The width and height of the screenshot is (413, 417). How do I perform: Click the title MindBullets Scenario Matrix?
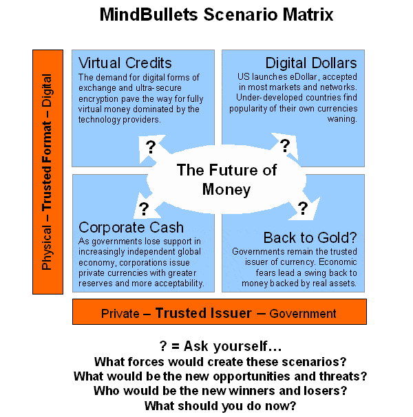click(x=216, y=14)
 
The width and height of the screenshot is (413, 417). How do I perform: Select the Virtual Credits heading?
click(x=125, y=63)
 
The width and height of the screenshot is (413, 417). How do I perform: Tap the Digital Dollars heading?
click(x=311, y=63)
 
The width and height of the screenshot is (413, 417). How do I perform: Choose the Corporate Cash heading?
click(x=131, y=228)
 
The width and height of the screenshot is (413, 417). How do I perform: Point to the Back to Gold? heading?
click(x=310, y=237)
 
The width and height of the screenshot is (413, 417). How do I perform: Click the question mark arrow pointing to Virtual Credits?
click(x=151, y=148)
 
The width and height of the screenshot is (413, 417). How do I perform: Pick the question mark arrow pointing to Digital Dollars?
click(x=285, y=146)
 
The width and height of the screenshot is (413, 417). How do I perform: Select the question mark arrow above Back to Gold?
click(x=304, y=207)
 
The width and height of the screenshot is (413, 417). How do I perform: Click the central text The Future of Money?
click(x=226, y=180)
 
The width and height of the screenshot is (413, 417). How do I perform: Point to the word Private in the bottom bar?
click(x=120, y=314)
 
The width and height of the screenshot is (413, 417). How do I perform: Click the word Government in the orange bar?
click(x=303, y=314)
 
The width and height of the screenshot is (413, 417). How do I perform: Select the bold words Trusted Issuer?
click(x=203, y=312)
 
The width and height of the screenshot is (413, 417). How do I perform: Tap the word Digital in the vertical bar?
click(x=47, y=90)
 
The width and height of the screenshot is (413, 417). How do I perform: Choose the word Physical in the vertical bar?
click(x=47, y=248)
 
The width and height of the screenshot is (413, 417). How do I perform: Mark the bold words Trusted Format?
click(x=47, y=166)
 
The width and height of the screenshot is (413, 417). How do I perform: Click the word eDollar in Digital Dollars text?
click(x=304, y=77)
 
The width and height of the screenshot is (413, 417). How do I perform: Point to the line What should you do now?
click(x=220, y=406)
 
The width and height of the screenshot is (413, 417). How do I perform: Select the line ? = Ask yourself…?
click(x=220, y=346)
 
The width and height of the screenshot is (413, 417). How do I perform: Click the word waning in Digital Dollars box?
click(x=342, y=119)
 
